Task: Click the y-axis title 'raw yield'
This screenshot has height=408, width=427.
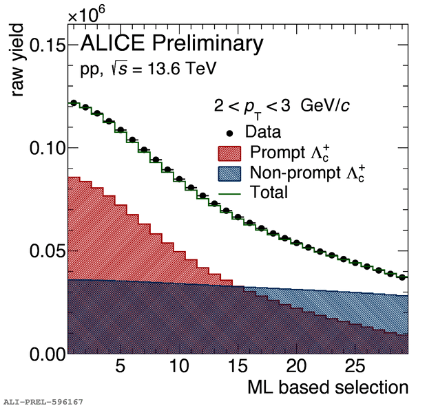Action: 17,60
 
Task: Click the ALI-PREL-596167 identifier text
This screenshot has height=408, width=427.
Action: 43,400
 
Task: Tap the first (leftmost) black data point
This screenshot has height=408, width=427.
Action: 73,103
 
